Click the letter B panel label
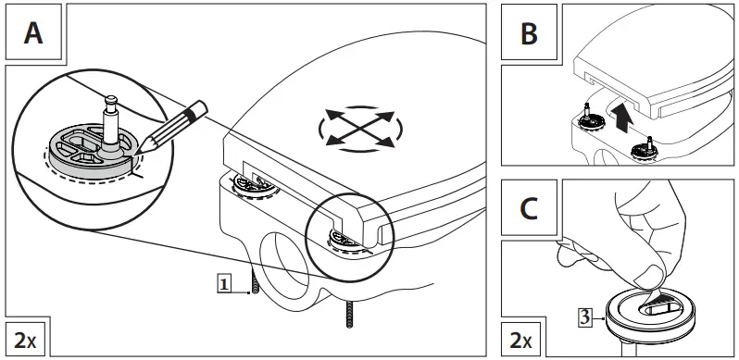(529, 33)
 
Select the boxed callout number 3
(584, 317)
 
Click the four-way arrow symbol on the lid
(360, 127)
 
